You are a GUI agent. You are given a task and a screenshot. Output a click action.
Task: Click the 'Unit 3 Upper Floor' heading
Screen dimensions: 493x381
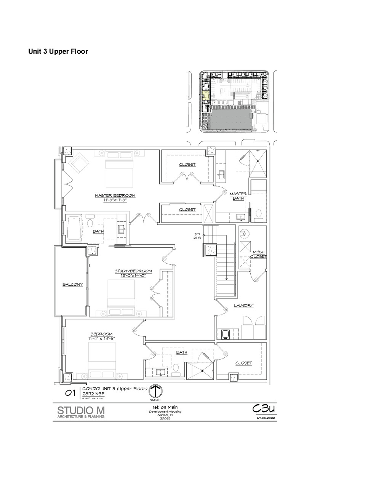(58, 51)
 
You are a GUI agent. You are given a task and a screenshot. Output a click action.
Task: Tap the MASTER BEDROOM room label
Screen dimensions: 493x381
(115, 195)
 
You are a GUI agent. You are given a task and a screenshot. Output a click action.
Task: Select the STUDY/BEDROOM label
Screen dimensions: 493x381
(133, 271)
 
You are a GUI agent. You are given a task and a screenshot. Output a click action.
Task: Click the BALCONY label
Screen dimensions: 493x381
(72, 284)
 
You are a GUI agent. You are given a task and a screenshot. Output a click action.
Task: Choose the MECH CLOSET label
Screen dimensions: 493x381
(258, 254)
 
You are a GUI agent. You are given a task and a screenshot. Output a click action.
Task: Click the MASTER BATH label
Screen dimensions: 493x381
(238, 196)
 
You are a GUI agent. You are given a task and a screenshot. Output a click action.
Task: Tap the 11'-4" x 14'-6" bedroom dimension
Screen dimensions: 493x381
(101, 338)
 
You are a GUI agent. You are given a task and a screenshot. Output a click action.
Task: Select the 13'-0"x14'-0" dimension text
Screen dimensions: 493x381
(133, 275)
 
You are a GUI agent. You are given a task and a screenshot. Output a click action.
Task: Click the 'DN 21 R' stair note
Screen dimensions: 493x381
(197, 236)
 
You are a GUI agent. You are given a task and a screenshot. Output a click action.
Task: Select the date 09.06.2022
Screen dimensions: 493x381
(266, 418)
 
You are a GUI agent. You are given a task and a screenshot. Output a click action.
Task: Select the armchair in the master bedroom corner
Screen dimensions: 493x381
(79, 163)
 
